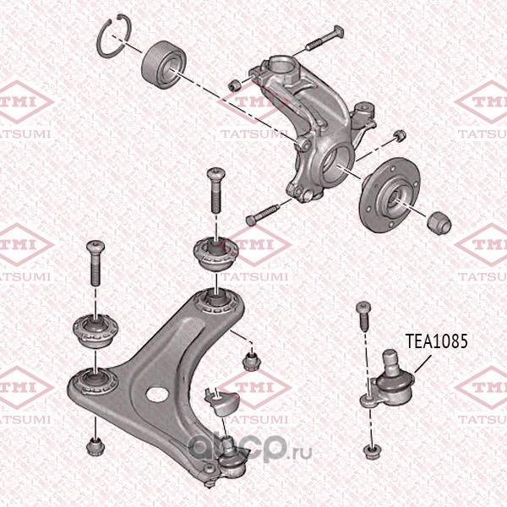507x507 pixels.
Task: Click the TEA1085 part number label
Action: (x=437, y=341)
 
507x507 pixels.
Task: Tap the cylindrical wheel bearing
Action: (x=164, y=63)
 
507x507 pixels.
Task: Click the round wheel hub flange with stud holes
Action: (x=389, y=194)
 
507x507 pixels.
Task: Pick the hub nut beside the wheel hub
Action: (x=439, y=224)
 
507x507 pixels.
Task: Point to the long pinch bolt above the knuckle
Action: (x=324, y=38)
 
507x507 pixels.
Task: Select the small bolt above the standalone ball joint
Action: (x=363, y=316)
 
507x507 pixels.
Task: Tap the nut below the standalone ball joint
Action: (x=371, y=452)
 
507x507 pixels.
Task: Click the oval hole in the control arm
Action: (x=157, y=394)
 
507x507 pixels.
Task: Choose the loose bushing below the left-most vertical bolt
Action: (x=95, y=330)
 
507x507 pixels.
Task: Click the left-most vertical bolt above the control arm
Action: (x=95, y=263)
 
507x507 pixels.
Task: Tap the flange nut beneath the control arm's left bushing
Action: (x=95, y=446)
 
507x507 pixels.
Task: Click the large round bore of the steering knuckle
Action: (x=336, y=163)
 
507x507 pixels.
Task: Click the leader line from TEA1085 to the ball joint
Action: (x=422, y=364)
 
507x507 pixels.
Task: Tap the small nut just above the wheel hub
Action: (x=400, y=135)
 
